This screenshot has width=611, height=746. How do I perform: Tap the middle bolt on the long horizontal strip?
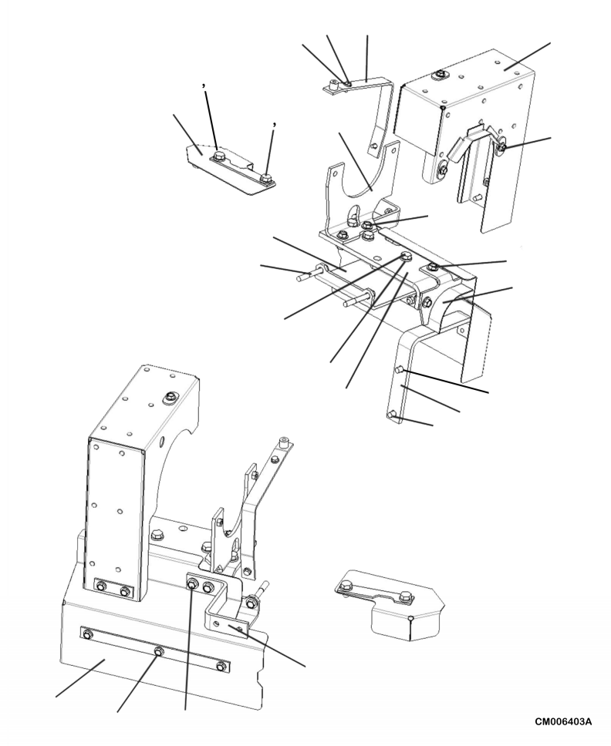click(x=158, y=651)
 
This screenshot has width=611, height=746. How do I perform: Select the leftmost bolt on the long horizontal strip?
click(x=87, y=634)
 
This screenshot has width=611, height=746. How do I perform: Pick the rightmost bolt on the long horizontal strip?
click(x=222, y=666)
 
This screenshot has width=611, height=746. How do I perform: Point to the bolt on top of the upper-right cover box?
click(x=440, y=74)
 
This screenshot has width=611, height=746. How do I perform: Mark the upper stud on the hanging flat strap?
click(x=399, y=371)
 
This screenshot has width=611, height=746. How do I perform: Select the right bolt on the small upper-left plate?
click(x=266, y=180)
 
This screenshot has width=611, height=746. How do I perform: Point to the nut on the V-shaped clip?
click(x=502, y=146)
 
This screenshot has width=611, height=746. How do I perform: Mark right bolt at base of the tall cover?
click(x=126, y=592)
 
